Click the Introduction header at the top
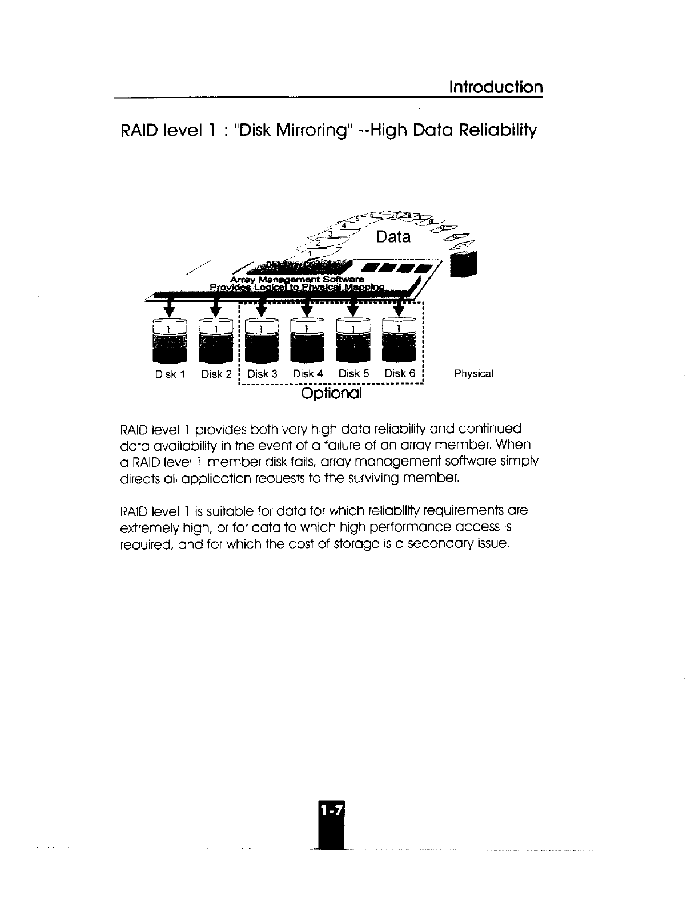496,87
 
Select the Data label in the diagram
393,237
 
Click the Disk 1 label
170,374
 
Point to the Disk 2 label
216,374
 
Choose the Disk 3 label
262,374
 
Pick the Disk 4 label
308,374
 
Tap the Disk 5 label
353,374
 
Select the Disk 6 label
399,374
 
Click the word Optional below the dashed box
332,394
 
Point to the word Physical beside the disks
473,374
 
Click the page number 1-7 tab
328,810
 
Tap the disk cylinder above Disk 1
170,341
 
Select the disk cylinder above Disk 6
399,341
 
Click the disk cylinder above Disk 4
307,341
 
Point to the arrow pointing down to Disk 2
215,308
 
